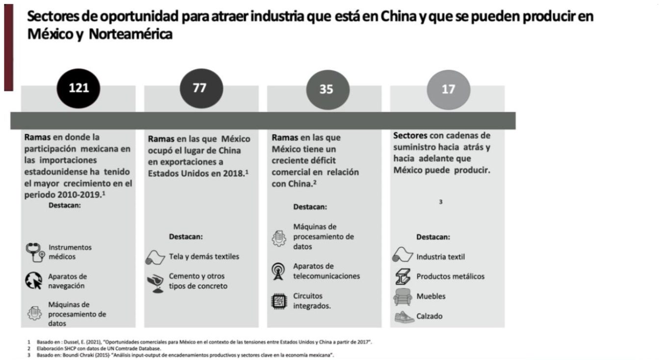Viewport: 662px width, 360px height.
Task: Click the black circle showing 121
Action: [78, 88]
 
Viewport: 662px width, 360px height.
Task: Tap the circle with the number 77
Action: [201, 88]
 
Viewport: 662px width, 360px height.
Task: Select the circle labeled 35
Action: [327, 90]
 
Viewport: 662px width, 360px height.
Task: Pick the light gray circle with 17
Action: [448, 90]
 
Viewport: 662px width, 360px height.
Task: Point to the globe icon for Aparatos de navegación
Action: [34, 281]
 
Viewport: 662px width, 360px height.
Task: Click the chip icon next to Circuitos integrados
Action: [279, 301]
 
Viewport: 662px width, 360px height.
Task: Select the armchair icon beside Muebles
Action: [402, 297]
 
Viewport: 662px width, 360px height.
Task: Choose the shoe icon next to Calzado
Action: [403, 317]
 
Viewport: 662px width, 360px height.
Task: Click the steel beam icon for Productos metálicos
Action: [403, 277]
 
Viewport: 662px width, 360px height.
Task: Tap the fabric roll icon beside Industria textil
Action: [402, 256]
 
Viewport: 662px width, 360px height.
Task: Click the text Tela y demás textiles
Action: [204, 257]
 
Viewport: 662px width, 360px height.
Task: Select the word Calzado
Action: [430, 316]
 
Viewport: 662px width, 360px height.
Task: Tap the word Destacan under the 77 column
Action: [186, 236]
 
